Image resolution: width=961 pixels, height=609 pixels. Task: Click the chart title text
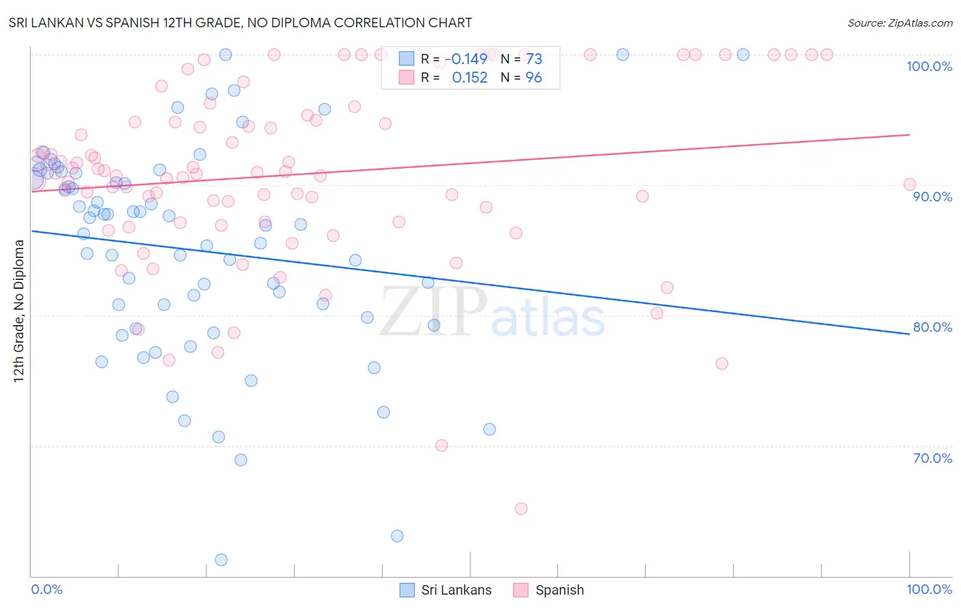tap(240, 23)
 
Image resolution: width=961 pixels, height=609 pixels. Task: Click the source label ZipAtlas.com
tap(899, 23)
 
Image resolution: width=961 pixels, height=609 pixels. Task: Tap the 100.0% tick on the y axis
tap(929, 66)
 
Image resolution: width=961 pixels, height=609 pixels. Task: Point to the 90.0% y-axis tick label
tap(932, 197)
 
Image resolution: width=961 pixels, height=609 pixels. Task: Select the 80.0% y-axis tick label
tap(932, 327)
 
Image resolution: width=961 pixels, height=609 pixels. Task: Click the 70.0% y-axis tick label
tap(932, 458)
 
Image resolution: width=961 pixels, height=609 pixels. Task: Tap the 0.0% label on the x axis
tap(46, 590)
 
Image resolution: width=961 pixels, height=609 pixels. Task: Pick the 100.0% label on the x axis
tap(929, 590)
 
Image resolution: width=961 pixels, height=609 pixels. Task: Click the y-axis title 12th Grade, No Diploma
tap(19, 311)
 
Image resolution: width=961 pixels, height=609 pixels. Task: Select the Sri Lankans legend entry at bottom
tap(446, 590)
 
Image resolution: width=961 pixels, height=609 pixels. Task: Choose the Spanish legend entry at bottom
tap(550, 590)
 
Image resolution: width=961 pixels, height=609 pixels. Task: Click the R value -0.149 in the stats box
tap(469, 59)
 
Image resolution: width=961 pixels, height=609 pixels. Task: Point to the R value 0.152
tap(470, 77)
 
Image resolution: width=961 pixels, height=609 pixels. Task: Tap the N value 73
tap(534, 59)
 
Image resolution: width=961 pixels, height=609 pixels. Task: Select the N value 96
tap(534, 77)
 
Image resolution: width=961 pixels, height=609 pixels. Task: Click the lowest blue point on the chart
tap(221, 560)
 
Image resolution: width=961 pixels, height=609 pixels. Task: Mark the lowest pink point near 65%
tap(521, 509)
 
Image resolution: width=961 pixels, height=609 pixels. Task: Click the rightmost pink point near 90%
tap(909, 184)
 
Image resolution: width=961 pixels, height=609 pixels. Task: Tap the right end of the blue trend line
tap(909, 334)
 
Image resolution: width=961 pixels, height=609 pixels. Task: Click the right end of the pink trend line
tap(909, 134)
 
